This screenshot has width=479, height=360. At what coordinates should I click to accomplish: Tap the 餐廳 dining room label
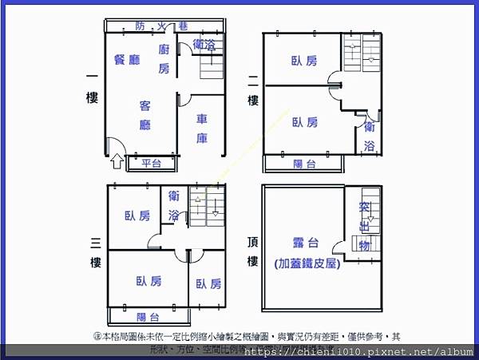pos(127,58)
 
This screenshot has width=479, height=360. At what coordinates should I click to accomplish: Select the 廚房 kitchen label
pos(164,59)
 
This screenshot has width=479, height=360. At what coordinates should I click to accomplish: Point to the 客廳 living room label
pos(145,115)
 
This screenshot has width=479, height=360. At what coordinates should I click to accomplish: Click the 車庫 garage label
pos(203,129)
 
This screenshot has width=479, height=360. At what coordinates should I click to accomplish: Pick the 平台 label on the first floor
pos(152,164)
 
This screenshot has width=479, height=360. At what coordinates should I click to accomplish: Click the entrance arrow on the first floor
pos(117,162)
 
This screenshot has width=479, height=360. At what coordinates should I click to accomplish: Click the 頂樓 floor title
pos(253,251)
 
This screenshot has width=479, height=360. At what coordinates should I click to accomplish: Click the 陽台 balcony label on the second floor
pos(304,164)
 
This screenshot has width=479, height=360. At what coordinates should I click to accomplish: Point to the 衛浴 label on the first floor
pos(204,45)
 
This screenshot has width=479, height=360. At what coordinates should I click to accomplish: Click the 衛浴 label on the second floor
pos(369,136)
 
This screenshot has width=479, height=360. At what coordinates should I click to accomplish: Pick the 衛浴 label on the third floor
pos(174,207)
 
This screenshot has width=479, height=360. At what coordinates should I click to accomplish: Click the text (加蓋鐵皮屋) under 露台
pos(307,263)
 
